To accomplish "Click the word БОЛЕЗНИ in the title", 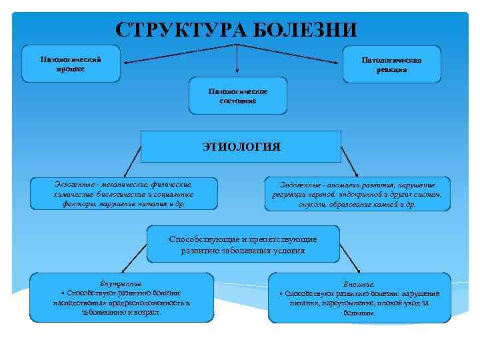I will (x=307, y=30).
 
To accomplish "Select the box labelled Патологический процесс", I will (x=71, y=64).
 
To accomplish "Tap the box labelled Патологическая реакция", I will (x=391, y=64).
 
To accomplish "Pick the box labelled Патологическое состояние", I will (x=238, y=96).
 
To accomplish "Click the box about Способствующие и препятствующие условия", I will (x=243, y=245).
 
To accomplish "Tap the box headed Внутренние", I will (x=121, y=297).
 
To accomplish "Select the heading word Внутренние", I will (x=121, y=283).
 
